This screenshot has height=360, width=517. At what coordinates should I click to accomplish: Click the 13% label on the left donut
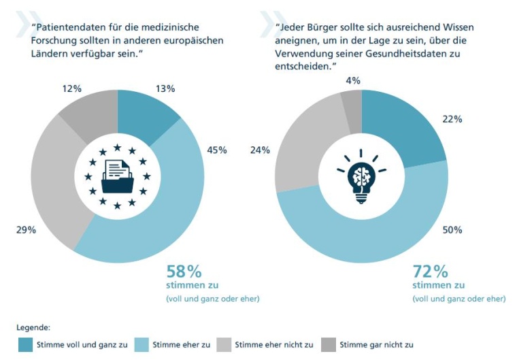click(x=166, y=88)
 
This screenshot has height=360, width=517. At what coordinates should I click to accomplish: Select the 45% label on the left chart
click(x=217, y=150)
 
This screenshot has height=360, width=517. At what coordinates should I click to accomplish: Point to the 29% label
click(x=26, y=230)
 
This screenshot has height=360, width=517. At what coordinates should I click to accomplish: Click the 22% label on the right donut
click(x=452, y=119)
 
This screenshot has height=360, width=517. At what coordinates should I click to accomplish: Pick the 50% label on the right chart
click(x=452, y=230)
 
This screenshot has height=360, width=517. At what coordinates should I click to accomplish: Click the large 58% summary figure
click(x=184, y=272)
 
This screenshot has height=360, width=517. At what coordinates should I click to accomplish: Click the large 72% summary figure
click(x=430, y=272)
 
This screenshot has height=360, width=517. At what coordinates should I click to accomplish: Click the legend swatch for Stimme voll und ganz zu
click(x=25, y=344)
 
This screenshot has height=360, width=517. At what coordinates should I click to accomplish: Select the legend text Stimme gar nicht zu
click(x=376, y=344)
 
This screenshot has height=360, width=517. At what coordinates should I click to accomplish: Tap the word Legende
click(x=33, y=327)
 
